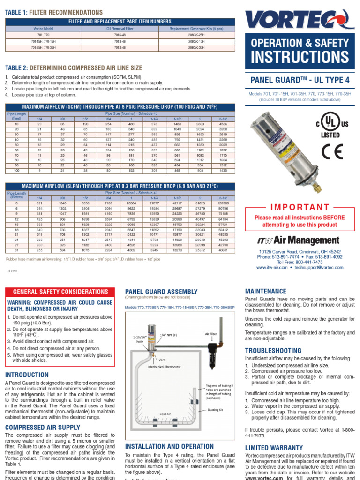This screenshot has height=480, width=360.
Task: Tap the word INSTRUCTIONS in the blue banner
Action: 300,57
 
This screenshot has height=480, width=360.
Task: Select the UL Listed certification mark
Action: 327,124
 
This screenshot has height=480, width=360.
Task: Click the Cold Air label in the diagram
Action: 165,414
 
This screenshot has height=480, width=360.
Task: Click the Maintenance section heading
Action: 266,291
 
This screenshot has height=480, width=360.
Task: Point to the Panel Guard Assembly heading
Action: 161,292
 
